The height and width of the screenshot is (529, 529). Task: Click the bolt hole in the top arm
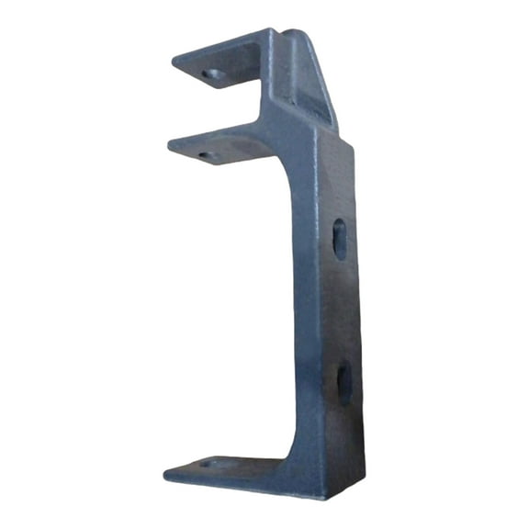tap(212, 74)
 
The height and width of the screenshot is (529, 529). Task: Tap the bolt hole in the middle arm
tap(204, 155)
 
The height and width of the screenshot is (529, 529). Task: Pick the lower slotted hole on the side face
tap(343, 384)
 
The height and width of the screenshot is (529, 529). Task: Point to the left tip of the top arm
tap(174, 62)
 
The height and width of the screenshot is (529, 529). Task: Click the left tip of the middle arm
tap(171, 143)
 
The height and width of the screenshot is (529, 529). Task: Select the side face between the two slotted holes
tap(340, 312)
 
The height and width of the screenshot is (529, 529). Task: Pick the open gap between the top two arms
tap(220, 110)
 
